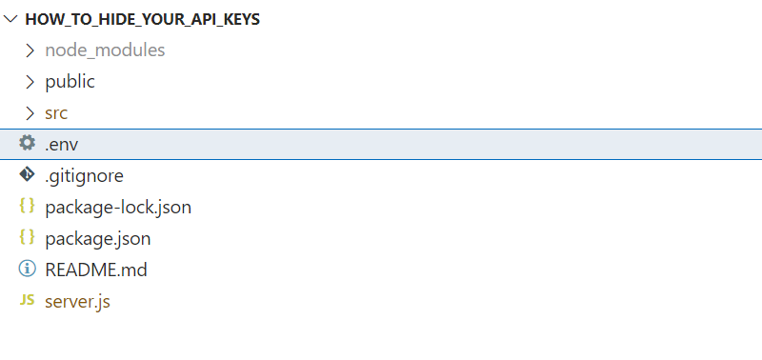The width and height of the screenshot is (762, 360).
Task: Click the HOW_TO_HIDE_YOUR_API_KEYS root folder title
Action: tap(142, 19)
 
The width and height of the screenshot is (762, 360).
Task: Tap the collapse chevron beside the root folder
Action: tap(11, 19)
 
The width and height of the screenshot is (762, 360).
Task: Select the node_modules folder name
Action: tap(105, 50)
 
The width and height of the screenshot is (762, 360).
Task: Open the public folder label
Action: tap(70, 81)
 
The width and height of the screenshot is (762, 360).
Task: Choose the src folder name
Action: tap(56, 112)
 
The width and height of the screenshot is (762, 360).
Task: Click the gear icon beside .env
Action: tap(28, 144)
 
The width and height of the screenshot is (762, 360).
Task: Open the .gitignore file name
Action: tap(84, 175)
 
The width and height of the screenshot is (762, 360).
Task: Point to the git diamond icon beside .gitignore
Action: tap(28, 175)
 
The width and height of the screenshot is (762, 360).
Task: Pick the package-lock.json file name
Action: tap(119, 207)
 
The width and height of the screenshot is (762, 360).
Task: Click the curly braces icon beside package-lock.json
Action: tap(28, 207)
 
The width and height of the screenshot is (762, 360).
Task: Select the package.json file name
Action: tap(97, 238)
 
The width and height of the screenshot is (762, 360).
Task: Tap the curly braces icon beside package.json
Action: tap(28, 238)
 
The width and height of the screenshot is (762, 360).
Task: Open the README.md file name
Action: tap(95, 270)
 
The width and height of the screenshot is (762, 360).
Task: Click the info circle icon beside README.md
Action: tap(28, 270)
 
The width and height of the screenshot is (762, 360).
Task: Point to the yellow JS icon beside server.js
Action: tap(28, 301)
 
